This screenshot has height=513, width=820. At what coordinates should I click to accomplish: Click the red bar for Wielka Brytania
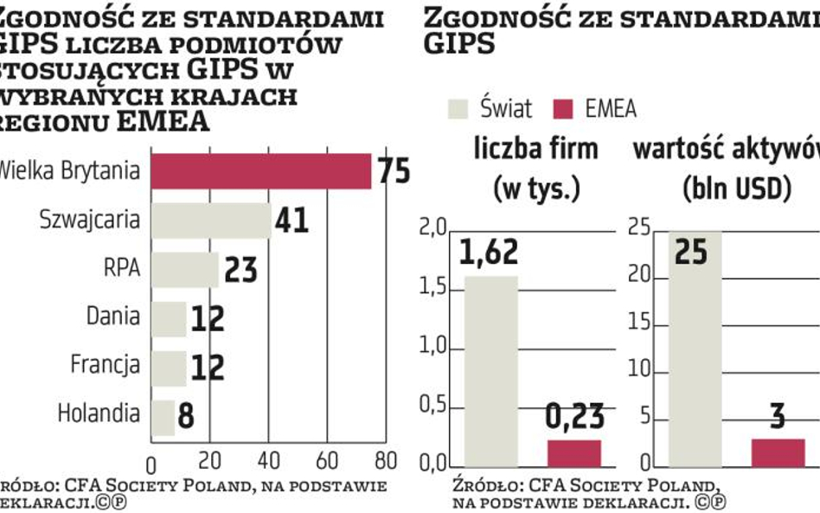tap(261, 170)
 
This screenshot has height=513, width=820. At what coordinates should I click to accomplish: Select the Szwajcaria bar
tap(211, 221)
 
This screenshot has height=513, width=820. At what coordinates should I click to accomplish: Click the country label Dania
tap(112, 316)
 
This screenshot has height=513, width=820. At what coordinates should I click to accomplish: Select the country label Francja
tap(105, 364)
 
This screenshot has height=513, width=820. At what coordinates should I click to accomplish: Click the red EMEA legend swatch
tap(564, 109)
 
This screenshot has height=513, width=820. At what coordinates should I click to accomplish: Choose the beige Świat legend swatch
tap(458, 109)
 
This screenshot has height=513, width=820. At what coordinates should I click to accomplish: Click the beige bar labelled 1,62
tap(491, 372)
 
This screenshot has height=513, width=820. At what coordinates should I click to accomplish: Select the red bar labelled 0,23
tap(573, 453)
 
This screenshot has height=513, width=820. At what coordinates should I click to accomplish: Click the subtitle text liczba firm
tap(535, 149)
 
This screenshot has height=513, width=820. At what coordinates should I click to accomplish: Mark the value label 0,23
tap(573, 418)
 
